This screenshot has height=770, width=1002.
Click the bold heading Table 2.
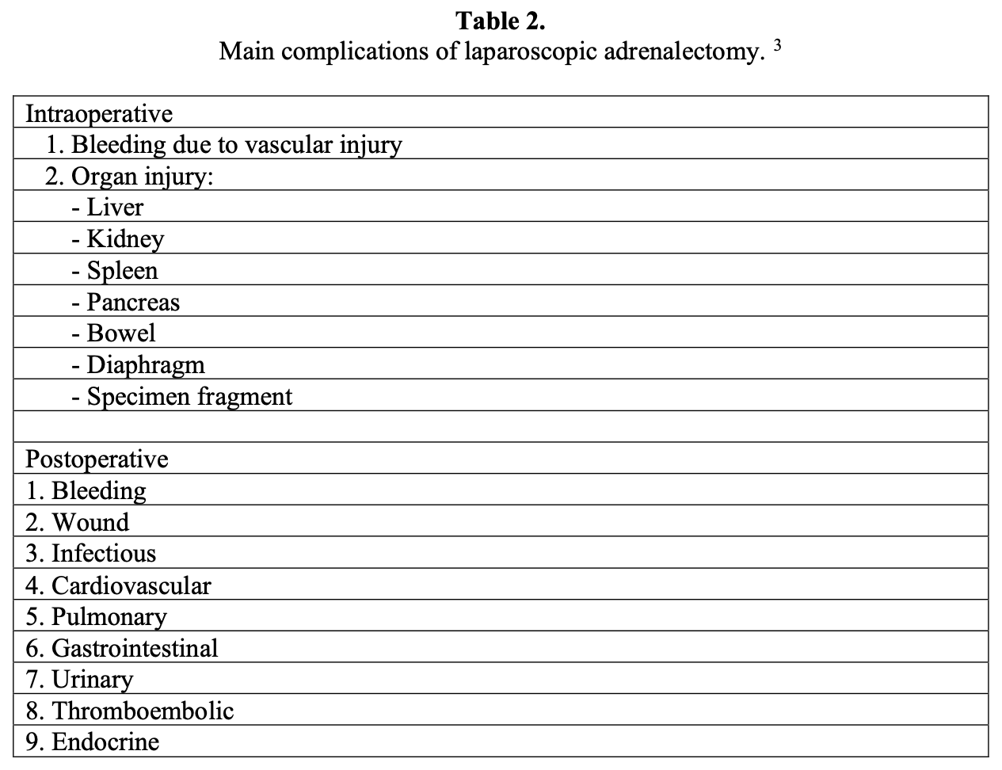501,21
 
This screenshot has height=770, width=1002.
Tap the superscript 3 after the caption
778,47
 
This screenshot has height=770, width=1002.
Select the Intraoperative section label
99,114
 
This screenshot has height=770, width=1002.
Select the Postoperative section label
97,459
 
